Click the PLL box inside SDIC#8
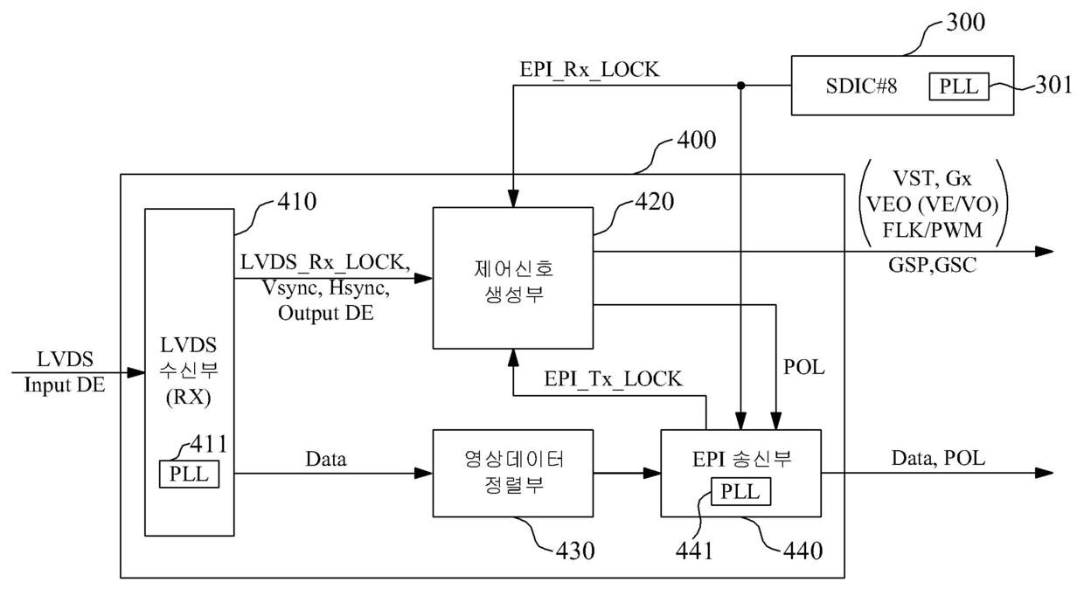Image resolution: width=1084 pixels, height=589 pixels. click(959, 87)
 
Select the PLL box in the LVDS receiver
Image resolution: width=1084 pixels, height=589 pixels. click(189, 474)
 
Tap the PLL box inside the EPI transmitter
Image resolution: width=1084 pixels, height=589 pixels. click(740, 492)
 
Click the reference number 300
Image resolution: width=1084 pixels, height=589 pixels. click(965, 22)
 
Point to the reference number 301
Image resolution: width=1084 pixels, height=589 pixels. click(1053, 85)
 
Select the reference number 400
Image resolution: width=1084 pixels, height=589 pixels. click(697, 140)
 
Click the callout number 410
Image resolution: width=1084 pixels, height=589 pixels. click(296, 201)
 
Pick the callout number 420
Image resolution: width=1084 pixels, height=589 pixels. click(654, 201)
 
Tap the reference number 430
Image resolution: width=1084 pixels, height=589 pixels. click(575, 551)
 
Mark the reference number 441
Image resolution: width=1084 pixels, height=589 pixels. click(694, 551)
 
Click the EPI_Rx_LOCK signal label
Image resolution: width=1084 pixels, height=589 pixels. click(589, 70)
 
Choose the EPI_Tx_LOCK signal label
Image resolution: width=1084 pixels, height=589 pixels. click(613, 378)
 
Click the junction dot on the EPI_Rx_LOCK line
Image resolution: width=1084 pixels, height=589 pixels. click(741, 86)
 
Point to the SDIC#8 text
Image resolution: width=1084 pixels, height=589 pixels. click(861, 86)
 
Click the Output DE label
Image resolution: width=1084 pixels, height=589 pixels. click(326, 313)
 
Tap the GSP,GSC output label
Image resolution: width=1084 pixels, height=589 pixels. click(933, 265)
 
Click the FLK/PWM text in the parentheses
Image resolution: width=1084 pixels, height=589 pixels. click(933, 230)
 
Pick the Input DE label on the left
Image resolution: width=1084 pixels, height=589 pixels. click(65, 385)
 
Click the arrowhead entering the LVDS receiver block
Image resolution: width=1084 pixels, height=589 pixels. click(136, 373)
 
